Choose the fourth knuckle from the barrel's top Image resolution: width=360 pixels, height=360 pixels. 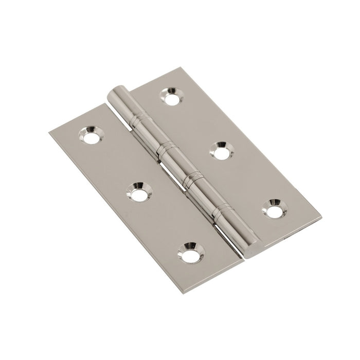[x=207, y=196]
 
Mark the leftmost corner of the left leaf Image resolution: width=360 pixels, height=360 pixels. [x=49, y=134]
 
